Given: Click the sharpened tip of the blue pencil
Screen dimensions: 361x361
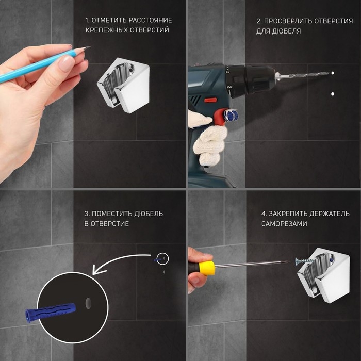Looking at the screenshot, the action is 90,47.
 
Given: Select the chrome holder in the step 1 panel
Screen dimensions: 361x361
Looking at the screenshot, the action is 123,86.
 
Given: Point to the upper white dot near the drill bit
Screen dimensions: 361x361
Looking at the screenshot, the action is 333,73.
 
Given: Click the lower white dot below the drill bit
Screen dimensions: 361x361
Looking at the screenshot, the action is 333,94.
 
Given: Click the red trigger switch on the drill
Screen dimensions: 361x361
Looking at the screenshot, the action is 210,100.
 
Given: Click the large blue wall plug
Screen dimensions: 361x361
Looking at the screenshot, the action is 51,312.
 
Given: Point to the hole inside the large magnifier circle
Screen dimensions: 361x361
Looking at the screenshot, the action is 88,303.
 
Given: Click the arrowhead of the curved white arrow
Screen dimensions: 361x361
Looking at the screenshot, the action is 98,269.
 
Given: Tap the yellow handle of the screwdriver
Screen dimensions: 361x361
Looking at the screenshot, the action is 206,268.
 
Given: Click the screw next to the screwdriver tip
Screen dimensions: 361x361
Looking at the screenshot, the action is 303,261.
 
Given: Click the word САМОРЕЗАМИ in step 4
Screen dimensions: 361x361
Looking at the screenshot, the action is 284,224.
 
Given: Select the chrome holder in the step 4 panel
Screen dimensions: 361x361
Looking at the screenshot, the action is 323,275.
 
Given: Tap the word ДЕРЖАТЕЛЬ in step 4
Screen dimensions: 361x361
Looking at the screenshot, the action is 329,214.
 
